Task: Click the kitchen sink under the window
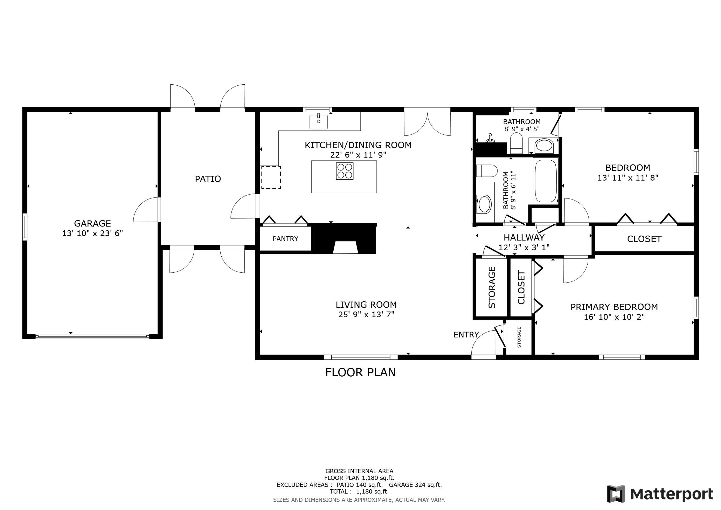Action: [x=318, y=122]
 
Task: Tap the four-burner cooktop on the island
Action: [x=344, y=171]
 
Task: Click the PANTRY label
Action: [x=285, y=239]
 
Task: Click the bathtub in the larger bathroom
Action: [x=546, y=181]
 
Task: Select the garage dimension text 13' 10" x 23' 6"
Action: [x=92, y=233]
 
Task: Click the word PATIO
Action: [x=208, y=179]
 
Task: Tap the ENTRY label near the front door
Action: [x=466, y=335]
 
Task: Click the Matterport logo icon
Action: [x=616, y=494]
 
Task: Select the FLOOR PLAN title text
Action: [x=360, y=373]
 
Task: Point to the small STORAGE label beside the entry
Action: [x=519, y=337]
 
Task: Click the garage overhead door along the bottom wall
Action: [x=92, y=337]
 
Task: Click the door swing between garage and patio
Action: [x=146, y=210]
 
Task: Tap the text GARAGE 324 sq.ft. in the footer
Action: [x=415, y=485]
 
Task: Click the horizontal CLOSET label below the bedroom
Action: [x=644, y=239]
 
